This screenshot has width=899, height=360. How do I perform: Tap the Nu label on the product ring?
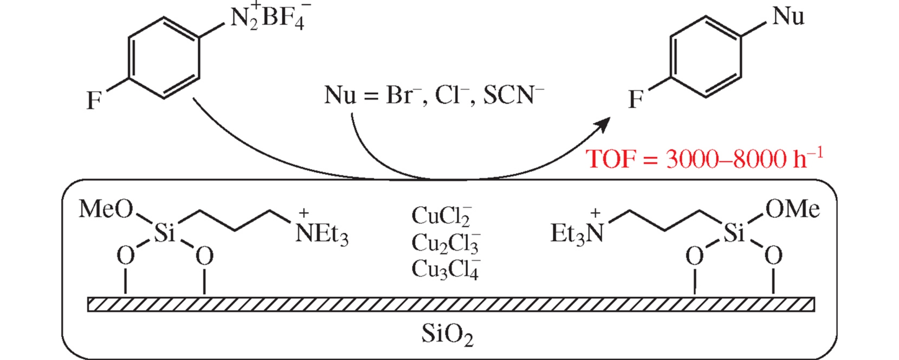788,17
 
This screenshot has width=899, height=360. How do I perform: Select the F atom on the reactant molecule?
94,100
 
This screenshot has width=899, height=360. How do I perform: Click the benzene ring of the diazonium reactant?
164,57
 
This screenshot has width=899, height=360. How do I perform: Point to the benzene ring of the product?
706,57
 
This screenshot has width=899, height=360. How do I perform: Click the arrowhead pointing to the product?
603,124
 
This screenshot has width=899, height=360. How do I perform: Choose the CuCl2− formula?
441,215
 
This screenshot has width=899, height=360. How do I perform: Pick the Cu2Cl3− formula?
445,243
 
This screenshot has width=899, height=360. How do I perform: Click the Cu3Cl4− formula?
445,269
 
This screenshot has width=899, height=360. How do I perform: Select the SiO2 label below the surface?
447,334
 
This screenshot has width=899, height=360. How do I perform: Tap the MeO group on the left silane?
106,209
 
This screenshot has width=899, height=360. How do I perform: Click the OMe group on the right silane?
792,209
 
